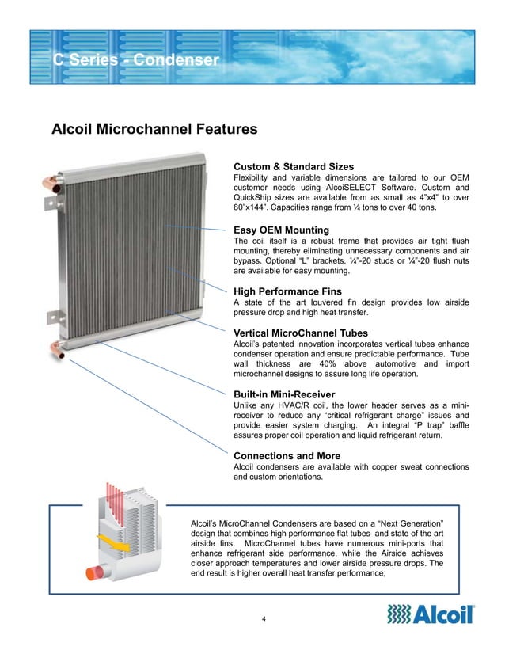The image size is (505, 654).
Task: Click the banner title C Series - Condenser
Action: point(135,60)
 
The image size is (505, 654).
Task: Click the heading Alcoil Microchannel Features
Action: point(154,128)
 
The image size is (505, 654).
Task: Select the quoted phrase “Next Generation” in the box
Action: point(406,523)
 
